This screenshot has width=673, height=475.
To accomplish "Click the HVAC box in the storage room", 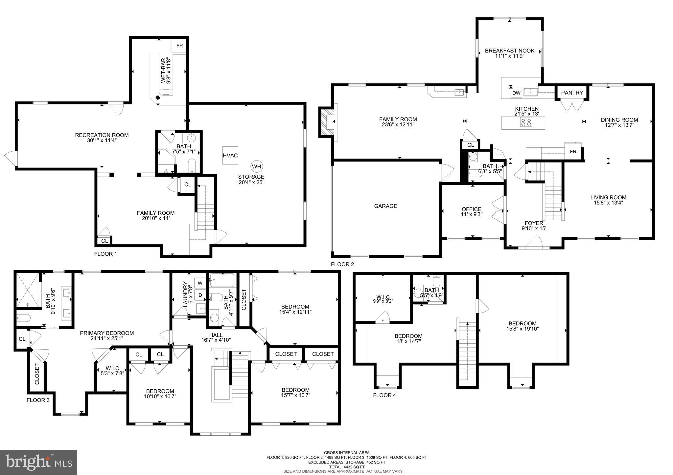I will (230, 155).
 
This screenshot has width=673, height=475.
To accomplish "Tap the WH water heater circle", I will (256, 166).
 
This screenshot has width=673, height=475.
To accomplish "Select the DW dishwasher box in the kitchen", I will (516, 93).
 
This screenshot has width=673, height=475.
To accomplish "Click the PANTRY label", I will (572, 93).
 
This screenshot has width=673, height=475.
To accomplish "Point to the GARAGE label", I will (385, 206).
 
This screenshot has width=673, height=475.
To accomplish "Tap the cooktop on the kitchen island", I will (526, 122).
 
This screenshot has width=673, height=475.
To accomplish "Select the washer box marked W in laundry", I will (200, 283).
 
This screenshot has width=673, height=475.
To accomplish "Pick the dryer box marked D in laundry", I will (200, 295).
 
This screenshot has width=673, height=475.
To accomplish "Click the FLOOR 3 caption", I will (38, 400).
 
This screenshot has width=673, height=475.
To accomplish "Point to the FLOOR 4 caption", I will (384, 395).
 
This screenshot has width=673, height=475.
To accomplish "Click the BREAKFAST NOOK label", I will (509, 51).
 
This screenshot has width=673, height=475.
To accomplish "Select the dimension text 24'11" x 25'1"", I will (107, 338).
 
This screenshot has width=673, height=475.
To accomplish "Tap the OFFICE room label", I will (471, 209).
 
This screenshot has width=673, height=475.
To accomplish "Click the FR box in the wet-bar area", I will (179, 46).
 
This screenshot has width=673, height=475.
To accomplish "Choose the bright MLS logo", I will (38, 462).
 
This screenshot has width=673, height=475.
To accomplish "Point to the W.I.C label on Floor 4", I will (383, 297).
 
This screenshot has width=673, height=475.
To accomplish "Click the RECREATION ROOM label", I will (102, 135).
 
